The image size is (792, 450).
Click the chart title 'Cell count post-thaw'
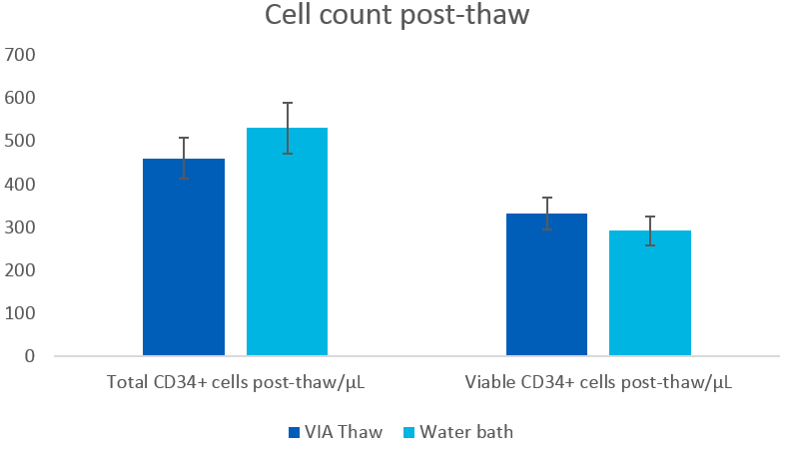(396, 17)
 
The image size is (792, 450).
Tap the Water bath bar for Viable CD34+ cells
(649, 293)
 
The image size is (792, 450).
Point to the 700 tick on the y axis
(21, 55)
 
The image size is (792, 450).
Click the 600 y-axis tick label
(21, 98)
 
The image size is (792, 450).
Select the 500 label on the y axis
(21, 141)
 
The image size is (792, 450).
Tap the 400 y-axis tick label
(21, 185)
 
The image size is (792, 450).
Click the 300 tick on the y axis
(21, 227)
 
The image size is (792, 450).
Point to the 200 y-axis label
(21, 270)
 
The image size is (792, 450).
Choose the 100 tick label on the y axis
(21, 313)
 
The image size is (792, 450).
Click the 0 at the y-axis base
(29, 356)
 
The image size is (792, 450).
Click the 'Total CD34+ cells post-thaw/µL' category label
(235, 382)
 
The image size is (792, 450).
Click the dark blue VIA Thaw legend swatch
(294, 432)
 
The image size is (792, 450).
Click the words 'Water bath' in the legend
(466, 432)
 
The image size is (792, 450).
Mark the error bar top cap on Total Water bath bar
(287, 103)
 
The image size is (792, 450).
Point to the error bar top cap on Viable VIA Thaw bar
(546, 198)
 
